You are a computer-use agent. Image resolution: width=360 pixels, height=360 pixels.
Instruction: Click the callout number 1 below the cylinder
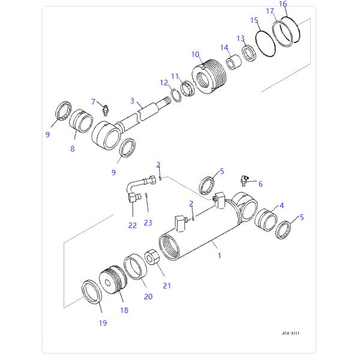click(x=219, y=256)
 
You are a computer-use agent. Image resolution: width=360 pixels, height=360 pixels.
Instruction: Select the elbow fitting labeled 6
click(x=245, y=179)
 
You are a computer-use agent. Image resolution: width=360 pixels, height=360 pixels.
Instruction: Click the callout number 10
click(x=196, y=55)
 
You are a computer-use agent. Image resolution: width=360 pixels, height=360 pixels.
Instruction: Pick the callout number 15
click(x=254, y=20)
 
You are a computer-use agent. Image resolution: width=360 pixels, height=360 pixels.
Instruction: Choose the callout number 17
click(x=270, y=11)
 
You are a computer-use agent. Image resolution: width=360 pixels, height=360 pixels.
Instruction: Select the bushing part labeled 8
click(x=80, y=124)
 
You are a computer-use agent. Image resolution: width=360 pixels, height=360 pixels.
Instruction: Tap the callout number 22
click(x=133, y=226)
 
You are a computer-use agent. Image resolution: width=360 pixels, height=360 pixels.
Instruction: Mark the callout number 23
click(x=148, y=223)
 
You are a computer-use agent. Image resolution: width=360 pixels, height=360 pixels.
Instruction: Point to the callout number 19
click(x=103, y=323)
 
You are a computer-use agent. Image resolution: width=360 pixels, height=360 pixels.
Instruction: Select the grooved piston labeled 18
click(x=113, y=287)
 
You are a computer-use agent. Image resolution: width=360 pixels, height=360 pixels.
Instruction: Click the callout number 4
click(x=281, y=205)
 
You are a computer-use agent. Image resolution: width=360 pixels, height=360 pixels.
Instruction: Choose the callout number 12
click(x=164, y=82)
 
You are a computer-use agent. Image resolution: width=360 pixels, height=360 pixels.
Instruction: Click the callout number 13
click(x=240, y=38)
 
